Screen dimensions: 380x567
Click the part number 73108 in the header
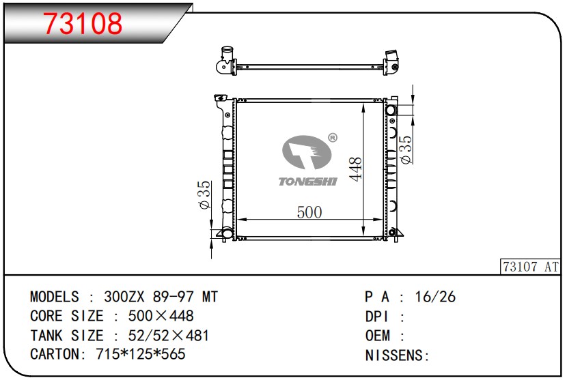(x=83, y=24)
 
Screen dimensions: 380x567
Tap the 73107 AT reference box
(x=530, y=267)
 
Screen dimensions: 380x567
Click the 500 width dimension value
(x=309, y=212)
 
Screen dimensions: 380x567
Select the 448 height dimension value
(x=355, y=169)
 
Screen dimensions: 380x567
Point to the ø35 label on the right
(x=406, y=149)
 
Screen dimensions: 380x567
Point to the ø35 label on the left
(x=204, y=196)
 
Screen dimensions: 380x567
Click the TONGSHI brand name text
(x=307, y=181)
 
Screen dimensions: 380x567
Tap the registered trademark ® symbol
(x=332, y=138)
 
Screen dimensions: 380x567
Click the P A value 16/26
(x=436, y=297)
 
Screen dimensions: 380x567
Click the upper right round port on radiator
(x=391, y=111)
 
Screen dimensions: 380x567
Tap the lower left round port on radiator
(x=227, y=234)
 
